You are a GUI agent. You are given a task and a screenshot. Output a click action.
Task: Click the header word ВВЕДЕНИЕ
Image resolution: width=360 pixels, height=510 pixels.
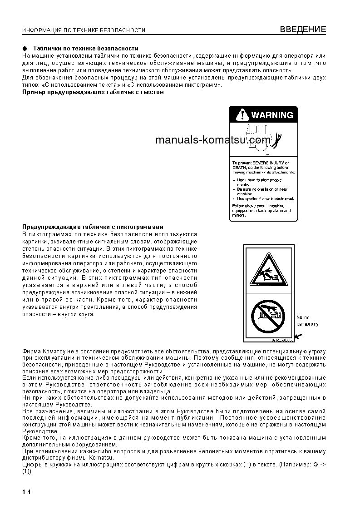click(x=303, y=30)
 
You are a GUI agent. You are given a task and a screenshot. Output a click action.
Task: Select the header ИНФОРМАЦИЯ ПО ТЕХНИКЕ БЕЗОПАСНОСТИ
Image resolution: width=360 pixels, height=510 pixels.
click(x=84, y=30)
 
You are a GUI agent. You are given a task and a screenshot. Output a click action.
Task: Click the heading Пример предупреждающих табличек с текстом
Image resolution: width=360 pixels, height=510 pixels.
click(x=93, y=92)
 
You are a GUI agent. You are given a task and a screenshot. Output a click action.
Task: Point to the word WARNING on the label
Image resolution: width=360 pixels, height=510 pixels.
click(x=272, y=115)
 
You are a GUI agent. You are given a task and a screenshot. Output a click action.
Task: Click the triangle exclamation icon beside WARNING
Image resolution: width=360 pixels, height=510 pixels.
click(x=241, y=115)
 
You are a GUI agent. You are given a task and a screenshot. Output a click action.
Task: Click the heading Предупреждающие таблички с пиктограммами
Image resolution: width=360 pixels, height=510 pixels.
click(x=93, y=227)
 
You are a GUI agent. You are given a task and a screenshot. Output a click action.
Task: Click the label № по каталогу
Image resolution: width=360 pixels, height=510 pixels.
click(x=307, y=321)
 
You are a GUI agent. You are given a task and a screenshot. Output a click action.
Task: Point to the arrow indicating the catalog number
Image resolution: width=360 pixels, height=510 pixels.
click(x=297, y=337)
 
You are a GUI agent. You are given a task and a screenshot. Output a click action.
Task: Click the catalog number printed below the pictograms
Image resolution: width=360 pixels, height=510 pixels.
click(x=282, y=340)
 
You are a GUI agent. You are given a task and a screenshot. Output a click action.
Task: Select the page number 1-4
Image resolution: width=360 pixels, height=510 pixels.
click(x=26, y=492)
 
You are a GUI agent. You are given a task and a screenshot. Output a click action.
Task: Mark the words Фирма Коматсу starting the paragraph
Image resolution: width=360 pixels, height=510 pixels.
click(x=39, y=352)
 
